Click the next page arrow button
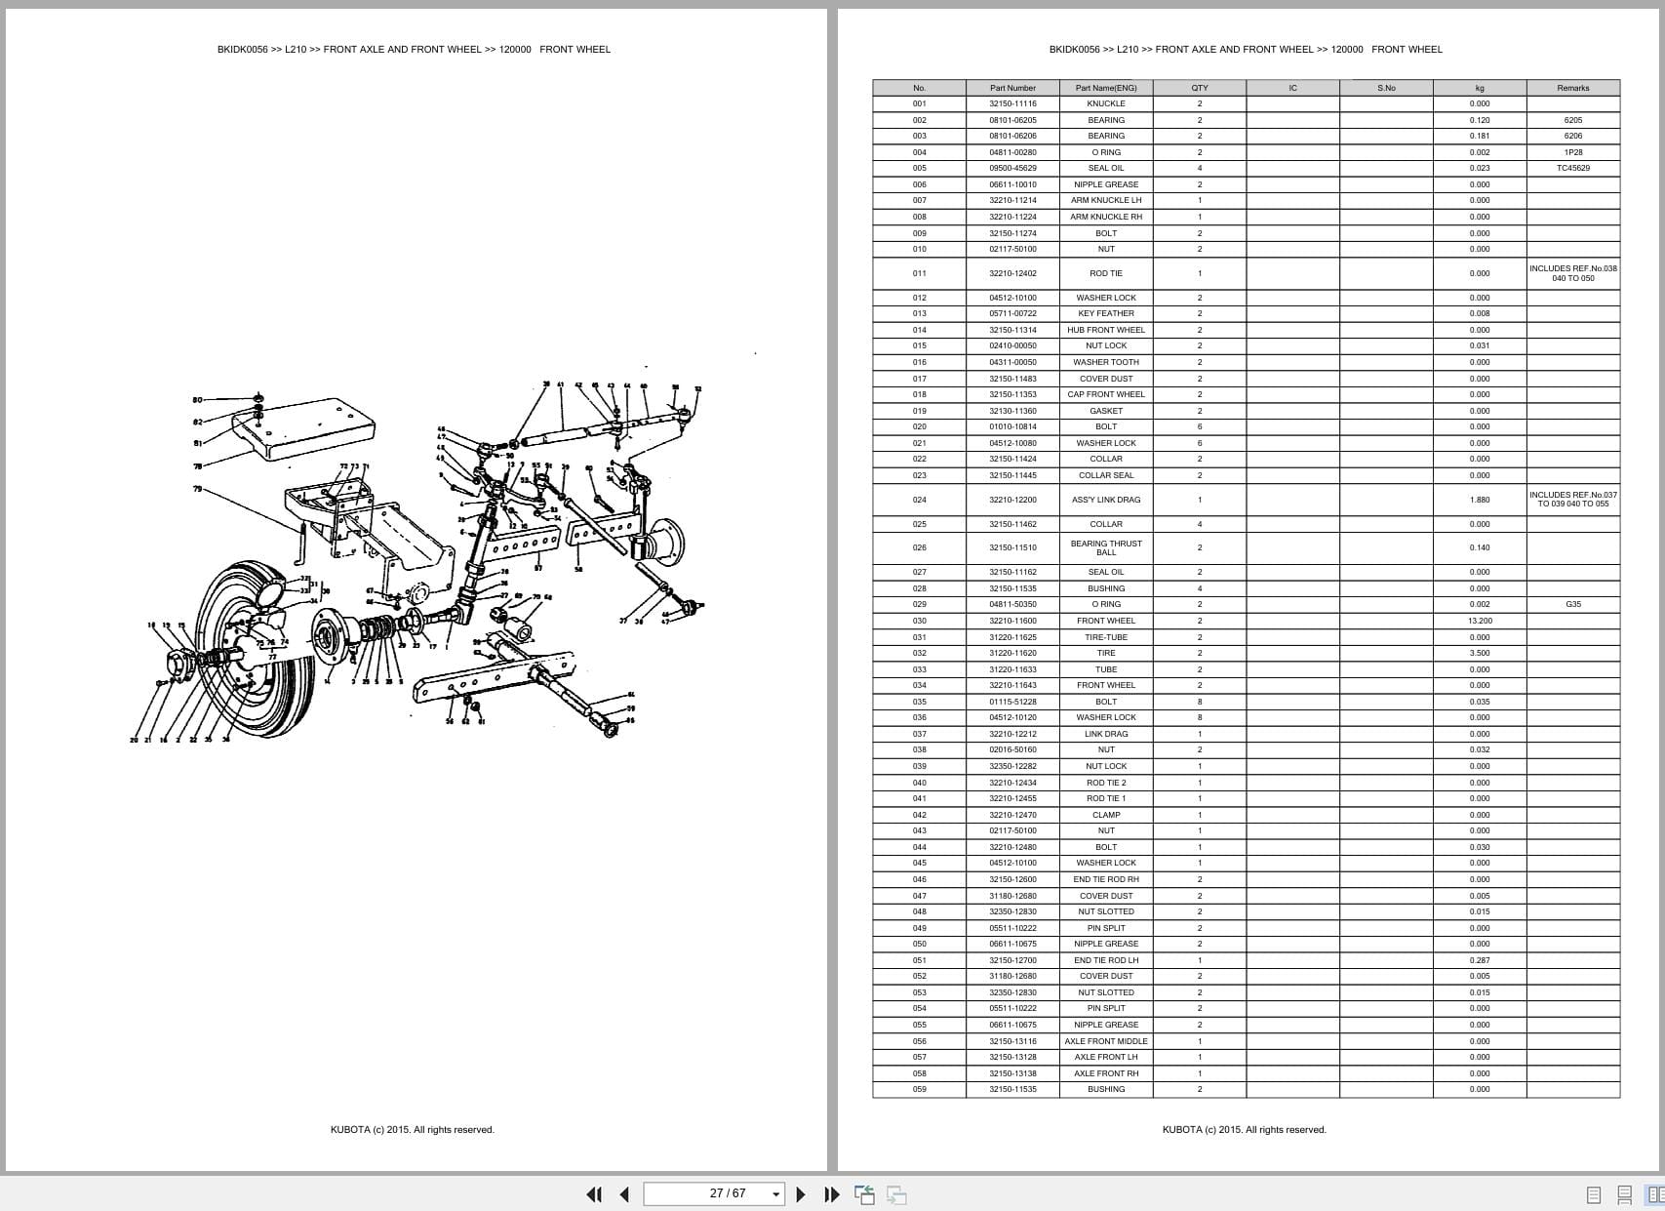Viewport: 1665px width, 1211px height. point(801,1193)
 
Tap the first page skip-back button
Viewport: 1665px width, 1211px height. point(593,1193)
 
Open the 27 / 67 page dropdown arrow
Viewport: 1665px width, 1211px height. point(776,1193)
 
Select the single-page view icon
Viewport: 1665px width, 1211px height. point(1594,1194)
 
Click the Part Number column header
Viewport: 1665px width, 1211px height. point(1012,88)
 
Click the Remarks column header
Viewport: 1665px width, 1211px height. point(1572,88)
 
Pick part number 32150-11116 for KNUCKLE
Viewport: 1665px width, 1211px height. point(1012,103)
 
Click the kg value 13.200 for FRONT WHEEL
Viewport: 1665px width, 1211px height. point(1479,621)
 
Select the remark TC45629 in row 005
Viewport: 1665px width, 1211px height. point(1572,168)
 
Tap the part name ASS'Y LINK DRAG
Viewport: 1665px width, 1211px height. point(1106,500)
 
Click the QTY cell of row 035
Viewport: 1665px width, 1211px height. point(1200,702)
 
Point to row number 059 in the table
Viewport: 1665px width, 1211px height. point(919,1089)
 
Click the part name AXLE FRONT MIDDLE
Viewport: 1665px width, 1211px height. point(1106,1041)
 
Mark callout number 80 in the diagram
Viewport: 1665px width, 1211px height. point(197,400)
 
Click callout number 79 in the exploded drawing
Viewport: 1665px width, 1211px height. point(197,489)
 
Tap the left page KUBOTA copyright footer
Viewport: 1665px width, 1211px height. point(412,1130)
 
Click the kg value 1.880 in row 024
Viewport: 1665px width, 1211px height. point(1479,500)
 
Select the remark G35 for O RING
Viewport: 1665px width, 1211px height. point(1572,604)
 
